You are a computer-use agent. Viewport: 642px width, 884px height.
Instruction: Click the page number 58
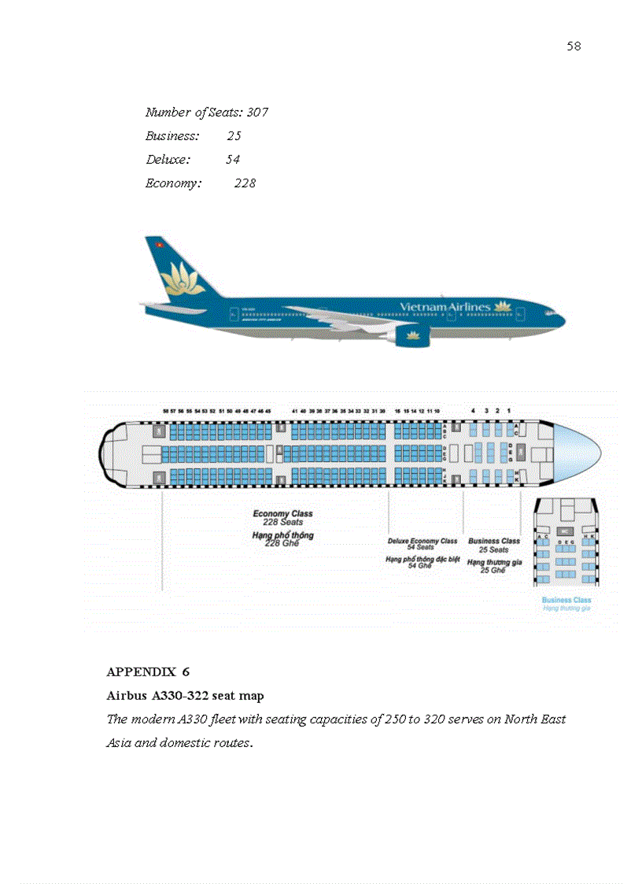pos(574,46)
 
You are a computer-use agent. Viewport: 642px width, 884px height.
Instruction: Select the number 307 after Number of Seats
pos(257,113)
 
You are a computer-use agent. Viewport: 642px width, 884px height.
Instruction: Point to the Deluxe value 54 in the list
pos(232,160)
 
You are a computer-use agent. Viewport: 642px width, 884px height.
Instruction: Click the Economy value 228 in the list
pos(245,183)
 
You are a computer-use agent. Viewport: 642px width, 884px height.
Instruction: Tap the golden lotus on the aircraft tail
pos(182,280)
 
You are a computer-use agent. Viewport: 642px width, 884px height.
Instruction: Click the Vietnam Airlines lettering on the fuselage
pos(445,306)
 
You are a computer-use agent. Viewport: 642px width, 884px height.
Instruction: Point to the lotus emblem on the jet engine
pos(413,336)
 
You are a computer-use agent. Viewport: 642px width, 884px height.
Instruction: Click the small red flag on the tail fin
pos(159,245)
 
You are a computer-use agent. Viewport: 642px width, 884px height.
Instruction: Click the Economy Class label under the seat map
pos(282,514)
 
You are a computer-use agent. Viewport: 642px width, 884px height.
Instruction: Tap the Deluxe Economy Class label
pos(422,541)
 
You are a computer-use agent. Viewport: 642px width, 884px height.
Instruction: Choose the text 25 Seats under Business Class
pos(494,549)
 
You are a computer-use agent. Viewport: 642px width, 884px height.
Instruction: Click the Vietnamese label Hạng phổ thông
pos(282,535)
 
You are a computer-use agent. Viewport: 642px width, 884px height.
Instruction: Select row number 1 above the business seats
pos(509,410)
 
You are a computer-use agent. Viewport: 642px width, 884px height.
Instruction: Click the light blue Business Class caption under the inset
pos(566,600)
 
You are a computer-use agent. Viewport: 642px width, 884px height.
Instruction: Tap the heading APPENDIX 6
pos(148,672)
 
